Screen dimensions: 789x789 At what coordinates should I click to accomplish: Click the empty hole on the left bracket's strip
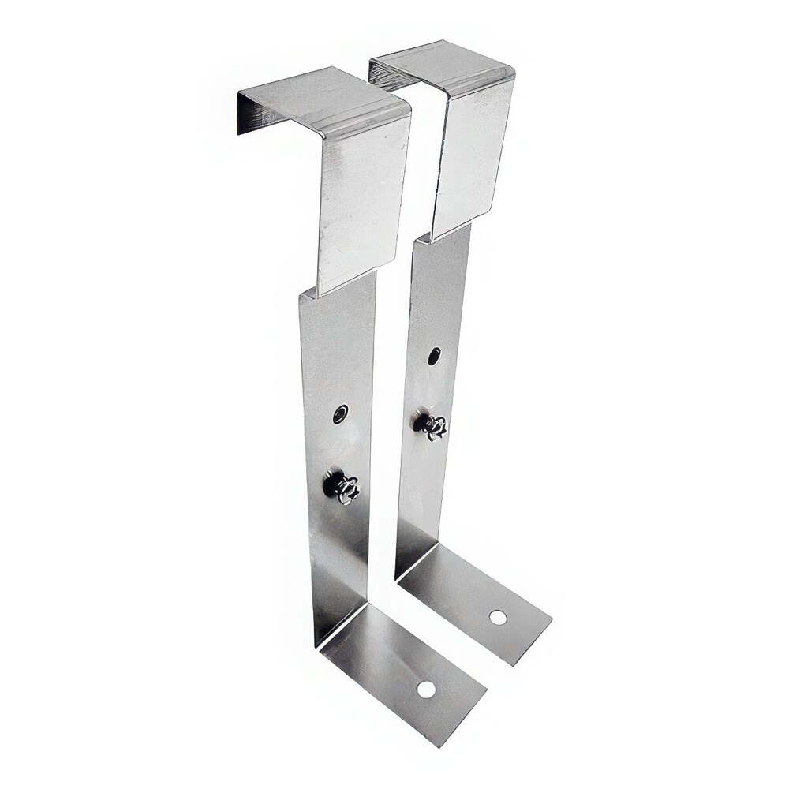point(340,413)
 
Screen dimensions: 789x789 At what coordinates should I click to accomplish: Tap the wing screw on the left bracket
point(342,487)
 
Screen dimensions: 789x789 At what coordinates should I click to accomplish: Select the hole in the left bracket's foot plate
point(426,690)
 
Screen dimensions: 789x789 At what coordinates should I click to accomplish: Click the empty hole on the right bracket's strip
point(435,356)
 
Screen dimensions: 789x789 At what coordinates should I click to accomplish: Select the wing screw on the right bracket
point(432,425)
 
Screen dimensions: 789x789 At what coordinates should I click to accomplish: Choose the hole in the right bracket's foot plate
point(497,617)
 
